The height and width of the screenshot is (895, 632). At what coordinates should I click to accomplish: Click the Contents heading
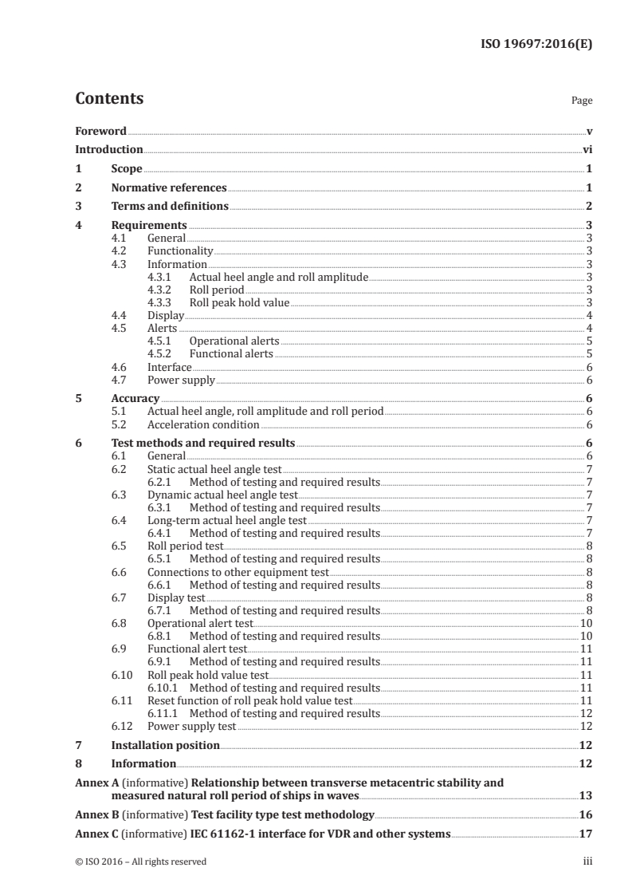(109, 99)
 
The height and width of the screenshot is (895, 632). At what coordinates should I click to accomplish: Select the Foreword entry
(100, 131)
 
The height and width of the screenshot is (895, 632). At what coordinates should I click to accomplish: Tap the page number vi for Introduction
(587, 149)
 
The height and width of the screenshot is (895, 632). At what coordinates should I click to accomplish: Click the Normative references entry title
(169, 187)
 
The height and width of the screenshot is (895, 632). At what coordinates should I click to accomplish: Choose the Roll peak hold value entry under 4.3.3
(239, 302)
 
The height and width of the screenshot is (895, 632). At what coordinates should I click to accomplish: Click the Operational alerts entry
(234, 341)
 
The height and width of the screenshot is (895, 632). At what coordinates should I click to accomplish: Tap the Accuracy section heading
(135, 398)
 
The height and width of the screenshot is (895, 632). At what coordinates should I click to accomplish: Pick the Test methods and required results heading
(203, 443)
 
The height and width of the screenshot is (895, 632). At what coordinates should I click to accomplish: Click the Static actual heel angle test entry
(214, 469)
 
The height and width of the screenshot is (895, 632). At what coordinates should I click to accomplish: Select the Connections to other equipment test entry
(237, 572)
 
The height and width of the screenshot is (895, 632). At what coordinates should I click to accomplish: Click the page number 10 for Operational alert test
(585, 623)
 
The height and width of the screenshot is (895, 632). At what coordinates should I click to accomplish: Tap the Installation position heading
(165, 745)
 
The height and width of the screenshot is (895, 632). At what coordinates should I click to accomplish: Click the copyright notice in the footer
(141, 861)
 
